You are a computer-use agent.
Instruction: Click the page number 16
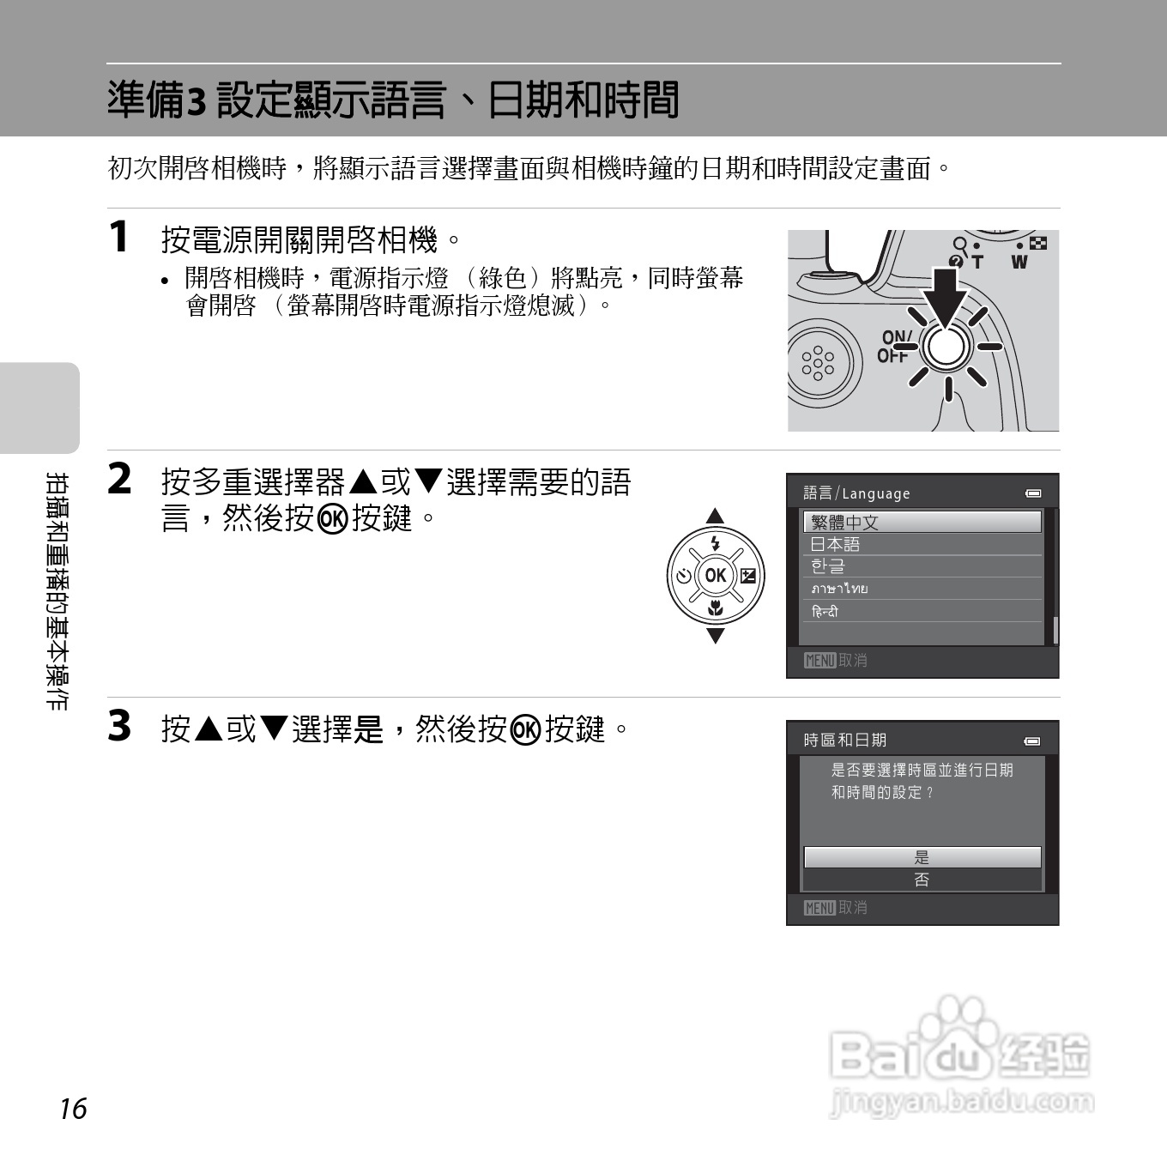74,1109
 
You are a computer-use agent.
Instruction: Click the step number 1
119,237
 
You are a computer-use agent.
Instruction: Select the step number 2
119,479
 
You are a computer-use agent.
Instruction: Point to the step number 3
119,726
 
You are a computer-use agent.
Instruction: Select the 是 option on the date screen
922,856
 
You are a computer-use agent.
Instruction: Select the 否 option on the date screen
922,880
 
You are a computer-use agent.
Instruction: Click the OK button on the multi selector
716,576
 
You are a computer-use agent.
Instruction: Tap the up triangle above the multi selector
715,516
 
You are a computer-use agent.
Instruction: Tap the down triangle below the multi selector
716,636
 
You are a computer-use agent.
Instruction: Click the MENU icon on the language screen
820,660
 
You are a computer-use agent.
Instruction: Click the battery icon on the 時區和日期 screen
1033,741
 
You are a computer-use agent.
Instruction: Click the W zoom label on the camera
1019,262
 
